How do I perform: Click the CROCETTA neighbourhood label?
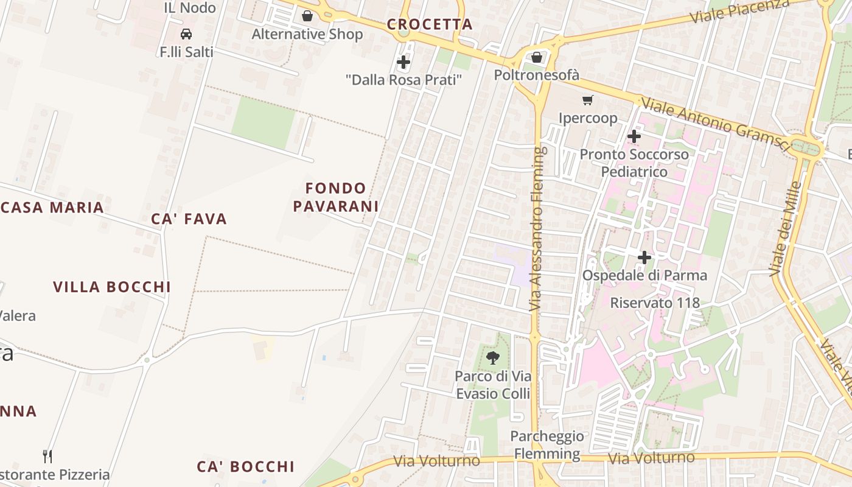(430, 24)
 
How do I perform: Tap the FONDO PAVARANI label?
(336, 197)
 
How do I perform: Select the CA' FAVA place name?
(189, 219)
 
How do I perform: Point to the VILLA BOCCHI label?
(111, 287)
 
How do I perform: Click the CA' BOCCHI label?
(245, 467)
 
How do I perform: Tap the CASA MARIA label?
(52, 208)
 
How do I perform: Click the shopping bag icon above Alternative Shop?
(307, 16)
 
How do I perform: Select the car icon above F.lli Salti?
(186, 34)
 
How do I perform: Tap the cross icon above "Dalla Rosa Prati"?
(403, 62)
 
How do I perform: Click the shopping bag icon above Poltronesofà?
(537, 58)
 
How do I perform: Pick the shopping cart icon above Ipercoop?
(588, 100)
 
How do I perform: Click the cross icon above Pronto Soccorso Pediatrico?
(634, 136)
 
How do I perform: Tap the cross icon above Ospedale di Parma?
(644, 258)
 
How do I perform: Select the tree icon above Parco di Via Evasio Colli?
(493, 358)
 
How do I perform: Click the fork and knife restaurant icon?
(47, 456)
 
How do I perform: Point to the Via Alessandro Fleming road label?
(536, 229)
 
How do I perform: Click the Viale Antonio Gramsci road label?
(715, 125)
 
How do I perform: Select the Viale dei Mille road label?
(784, 228)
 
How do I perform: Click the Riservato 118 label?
(655, 303)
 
